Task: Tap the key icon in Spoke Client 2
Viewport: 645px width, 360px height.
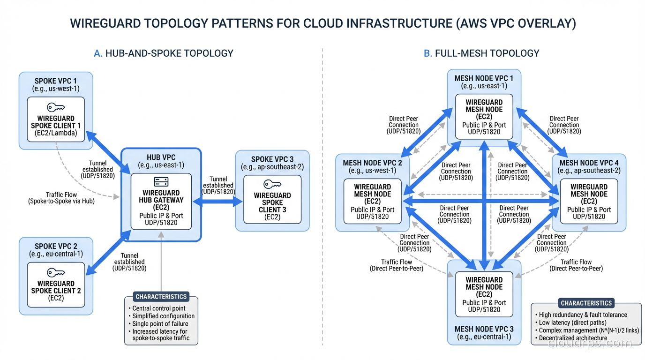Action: [56, 273]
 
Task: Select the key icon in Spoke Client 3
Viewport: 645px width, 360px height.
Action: [272, 184]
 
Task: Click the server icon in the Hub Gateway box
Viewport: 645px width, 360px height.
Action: [161, 182]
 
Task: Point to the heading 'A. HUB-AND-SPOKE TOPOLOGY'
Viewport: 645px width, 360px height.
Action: [163, 53]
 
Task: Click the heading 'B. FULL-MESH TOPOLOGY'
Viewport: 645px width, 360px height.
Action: [481, 53]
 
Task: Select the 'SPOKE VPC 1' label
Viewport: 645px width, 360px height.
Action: [56, 81]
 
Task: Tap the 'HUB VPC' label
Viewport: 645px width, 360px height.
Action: [161, 157]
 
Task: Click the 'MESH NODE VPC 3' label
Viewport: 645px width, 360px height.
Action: [484, 329]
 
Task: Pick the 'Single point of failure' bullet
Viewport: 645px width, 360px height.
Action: [160, 323]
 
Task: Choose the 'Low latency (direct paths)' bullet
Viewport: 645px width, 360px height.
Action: [572, 322]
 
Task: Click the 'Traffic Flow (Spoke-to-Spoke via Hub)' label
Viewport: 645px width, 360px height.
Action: [61, 198]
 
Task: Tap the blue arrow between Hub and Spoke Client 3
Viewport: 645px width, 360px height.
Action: [217, 202]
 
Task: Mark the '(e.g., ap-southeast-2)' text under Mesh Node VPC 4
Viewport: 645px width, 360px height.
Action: [589, 170]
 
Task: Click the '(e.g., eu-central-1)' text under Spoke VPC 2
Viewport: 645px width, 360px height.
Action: [56, 254]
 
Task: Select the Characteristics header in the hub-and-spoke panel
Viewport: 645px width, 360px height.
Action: [161, 297]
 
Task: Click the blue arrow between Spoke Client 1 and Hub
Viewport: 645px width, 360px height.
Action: [107, 151]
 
